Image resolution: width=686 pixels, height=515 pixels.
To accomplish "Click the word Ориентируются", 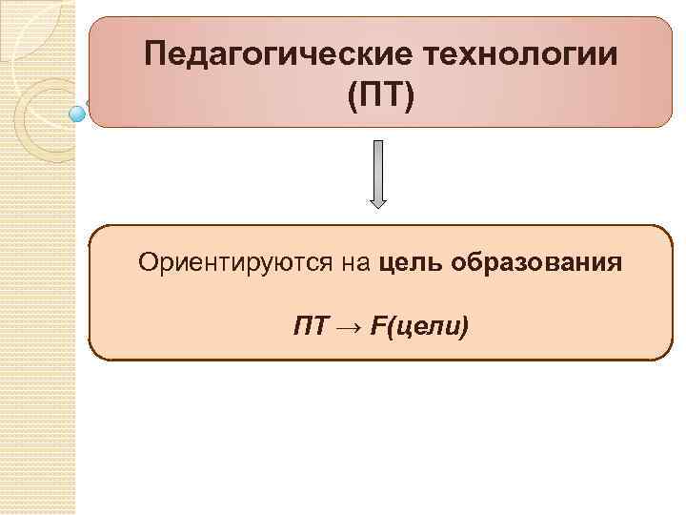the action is (x=235, y=261).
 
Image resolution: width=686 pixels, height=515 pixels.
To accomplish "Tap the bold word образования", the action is (x=539, y=261).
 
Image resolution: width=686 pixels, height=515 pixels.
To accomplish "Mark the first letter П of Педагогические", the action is (x=155, y=54).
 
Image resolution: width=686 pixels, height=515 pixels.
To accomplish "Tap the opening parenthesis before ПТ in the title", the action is (x=353, y=96).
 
